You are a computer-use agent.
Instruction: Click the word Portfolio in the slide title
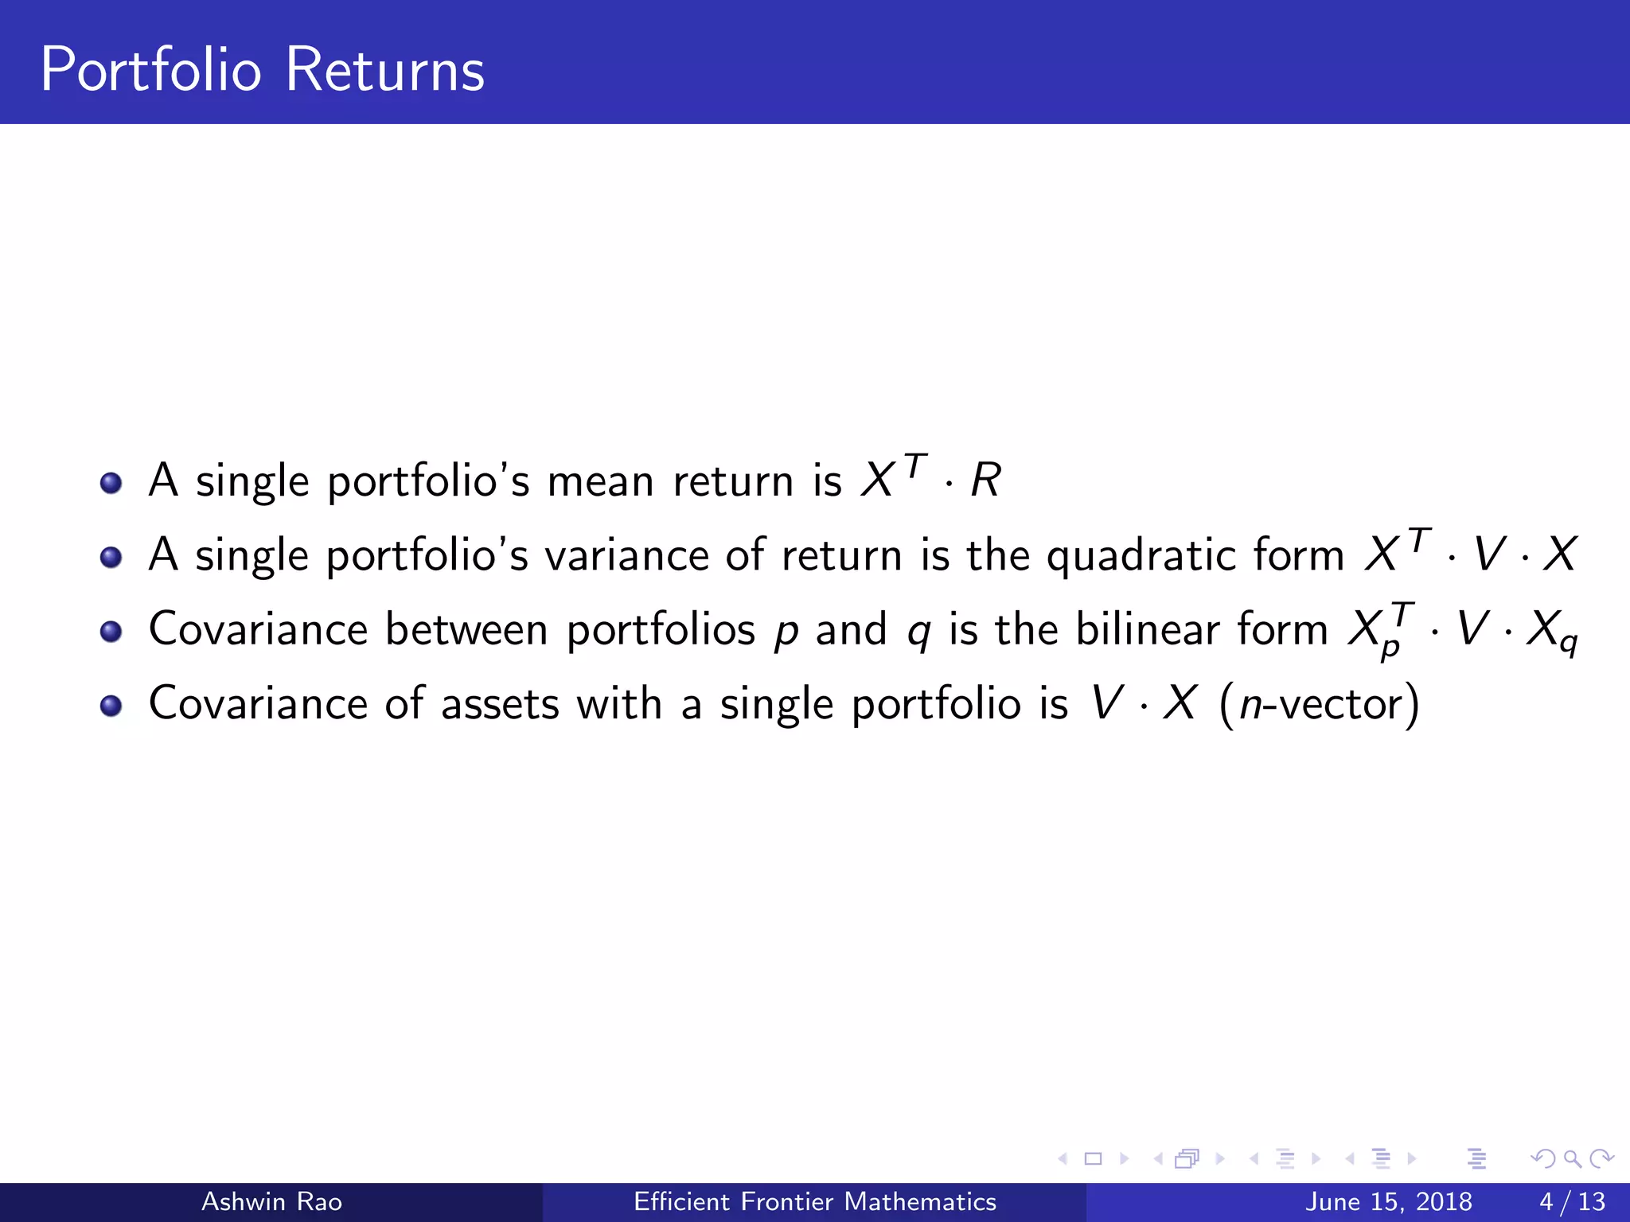(151, 70)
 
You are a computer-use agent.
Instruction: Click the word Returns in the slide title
(384, 70)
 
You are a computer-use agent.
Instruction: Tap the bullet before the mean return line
(111, 483)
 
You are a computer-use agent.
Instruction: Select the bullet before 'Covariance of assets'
(111, 706)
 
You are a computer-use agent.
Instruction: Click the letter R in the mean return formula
(985, 481)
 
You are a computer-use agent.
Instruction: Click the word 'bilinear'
(1148, 629)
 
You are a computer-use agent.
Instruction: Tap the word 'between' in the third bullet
(466, 629)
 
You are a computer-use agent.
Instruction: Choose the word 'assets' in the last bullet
(500, 704)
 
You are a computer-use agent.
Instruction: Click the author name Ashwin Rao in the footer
(271, 1201)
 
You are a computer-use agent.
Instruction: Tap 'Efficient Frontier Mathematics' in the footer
(814, 1201)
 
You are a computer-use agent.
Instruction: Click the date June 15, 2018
(1388, 1201)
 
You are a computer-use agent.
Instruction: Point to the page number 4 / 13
(1572, 1201)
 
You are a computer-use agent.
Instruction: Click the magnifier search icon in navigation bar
(1572, 1159)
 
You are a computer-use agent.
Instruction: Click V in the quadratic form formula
(1488, 555)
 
